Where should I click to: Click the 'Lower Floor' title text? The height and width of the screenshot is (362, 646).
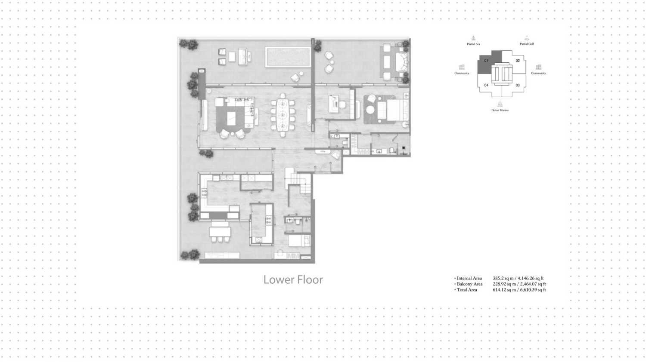293,280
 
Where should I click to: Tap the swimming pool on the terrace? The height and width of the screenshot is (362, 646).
288,57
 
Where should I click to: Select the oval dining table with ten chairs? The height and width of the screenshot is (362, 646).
283,115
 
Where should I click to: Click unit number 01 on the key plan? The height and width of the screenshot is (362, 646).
486,61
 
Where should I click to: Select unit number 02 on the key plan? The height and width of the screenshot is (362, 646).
518,61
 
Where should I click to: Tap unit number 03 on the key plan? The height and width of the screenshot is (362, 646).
518,85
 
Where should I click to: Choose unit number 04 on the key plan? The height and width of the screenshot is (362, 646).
486,85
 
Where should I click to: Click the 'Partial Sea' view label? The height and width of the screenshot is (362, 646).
473,44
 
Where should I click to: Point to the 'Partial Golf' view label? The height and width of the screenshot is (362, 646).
526,44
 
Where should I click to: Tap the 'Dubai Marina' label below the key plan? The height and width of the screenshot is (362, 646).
500,110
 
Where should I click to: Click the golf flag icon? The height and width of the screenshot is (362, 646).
526,38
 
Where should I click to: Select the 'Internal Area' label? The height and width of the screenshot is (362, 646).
469,278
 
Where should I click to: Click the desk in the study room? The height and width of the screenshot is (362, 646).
335,104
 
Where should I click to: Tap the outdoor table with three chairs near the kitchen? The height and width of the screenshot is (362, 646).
220,233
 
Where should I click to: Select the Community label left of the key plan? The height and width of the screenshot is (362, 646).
462,73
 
